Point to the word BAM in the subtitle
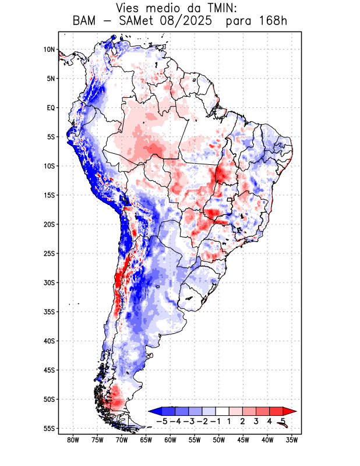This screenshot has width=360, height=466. (x=86, y=22)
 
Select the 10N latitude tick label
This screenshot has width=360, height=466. (x=49, y=50)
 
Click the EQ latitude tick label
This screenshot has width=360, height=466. (x=51, y=108)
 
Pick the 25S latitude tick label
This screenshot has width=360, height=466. (x=49, y=253)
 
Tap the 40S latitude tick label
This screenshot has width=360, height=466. (x=49, y=341)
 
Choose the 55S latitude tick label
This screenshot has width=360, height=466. (x=49, y=428)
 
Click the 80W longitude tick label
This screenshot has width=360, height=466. (x=73, y=440)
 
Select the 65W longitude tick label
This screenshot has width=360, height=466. (x=146, y=440)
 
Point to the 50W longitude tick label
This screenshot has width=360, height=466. (x=219, y=440)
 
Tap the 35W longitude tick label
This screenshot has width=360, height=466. (x=292, y=440)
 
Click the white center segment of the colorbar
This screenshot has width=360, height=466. (x=223, y=411)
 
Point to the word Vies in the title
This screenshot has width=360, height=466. (x=130, y=8)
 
